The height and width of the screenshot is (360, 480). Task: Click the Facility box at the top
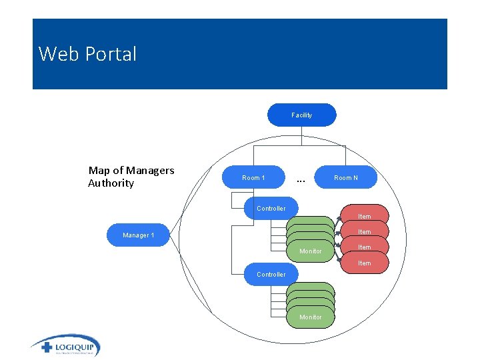pyautogui.click(x=301, y=115)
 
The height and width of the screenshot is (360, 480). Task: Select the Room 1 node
pyautogui.click(x=253, y=178)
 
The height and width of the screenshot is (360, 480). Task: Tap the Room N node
pyautogui.click(x=345, y=178)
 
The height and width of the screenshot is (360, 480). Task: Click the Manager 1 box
pyautogui.click(x=138, y=235)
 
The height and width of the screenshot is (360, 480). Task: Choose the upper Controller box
pyautogui.click(x=271, y=209)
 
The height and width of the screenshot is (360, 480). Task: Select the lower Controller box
pyautogui.click(x=271, y=275)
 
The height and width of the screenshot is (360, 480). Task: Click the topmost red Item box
pyautogui.click(x=364, y=215)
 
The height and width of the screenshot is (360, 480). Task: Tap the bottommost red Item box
pyautogui.click(x=364, y=263)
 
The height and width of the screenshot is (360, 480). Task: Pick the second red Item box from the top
pyautogui.click(x=364, y=231)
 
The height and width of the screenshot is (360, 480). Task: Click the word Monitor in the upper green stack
pyautogui.click(x=311, y=251)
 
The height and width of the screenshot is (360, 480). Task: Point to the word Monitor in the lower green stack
pyautogui.click(x=311, y=317)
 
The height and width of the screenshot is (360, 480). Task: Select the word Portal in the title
pyautogui.click(x=112, y=54)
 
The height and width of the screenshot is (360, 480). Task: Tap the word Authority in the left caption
pyautogui.click(x=111, y=183)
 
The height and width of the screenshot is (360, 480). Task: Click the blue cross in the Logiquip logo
pyautogui.click(x=46, y=347)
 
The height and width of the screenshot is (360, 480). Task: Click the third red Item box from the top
pyautogui.click(x=364, y=247)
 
